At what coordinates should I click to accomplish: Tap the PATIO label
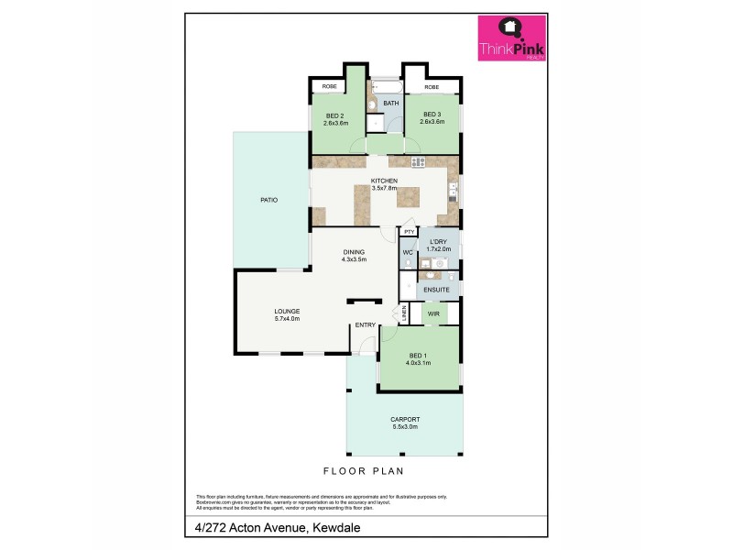click(x=268, y=199)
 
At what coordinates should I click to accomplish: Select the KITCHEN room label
click(x=383, y=181)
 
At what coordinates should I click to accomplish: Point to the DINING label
click(x=354, y=252)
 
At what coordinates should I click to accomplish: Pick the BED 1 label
click(x=417, y=356)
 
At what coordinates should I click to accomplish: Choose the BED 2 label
click(x=334, y=115)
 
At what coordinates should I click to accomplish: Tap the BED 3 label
click(x=432, y=115)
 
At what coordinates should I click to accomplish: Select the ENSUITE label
click(x=437, y=291)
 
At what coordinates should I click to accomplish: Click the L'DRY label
click(x=438, y=242)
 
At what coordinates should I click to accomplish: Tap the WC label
click(x=407, y=252)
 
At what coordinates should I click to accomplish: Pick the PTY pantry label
click(x=410, y=232)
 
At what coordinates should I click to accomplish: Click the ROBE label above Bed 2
click(x=328, y=86)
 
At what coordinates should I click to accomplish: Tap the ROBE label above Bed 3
click(x=432, y=87)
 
